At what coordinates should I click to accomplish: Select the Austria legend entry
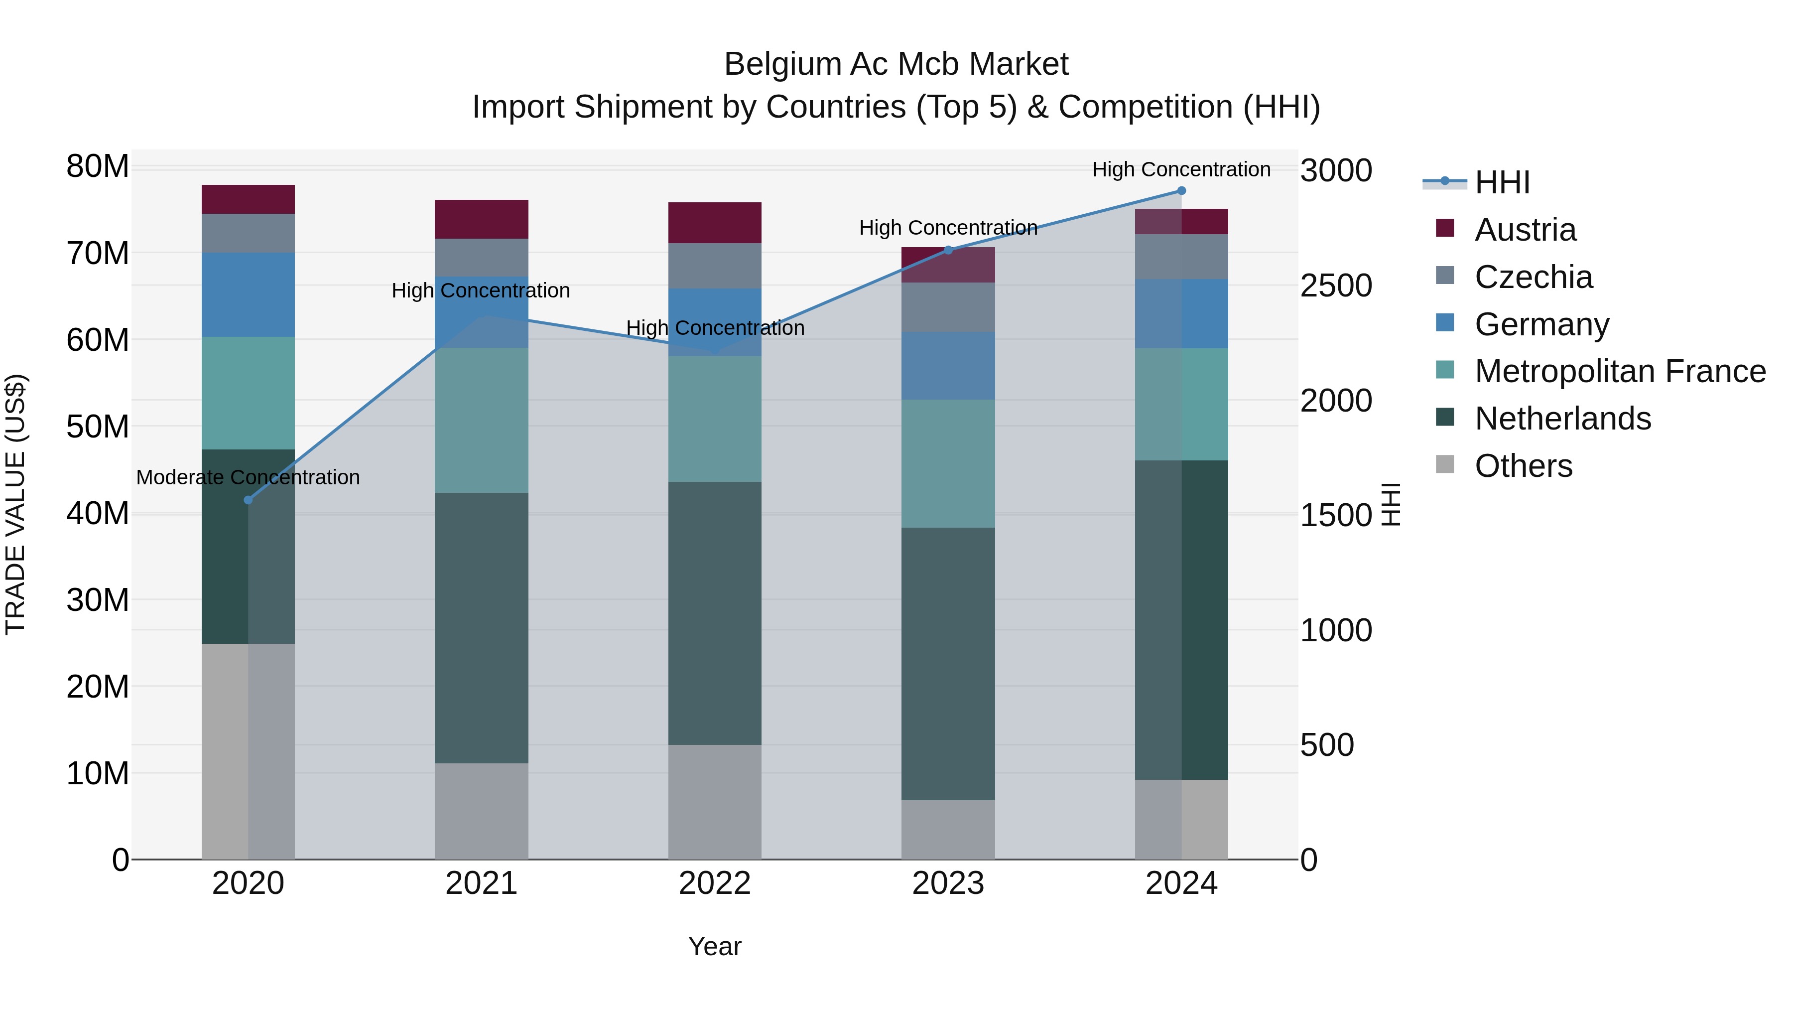1525,230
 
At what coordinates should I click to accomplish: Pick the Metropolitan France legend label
1620,371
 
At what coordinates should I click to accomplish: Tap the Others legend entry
1523,466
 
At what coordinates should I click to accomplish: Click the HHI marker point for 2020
248,500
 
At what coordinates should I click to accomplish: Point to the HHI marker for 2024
1181,191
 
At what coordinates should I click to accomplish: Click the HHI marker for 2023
948,250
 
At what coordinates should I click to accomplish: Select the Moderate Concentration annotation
248,478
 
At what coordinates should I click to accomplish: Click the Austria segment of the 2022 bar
714,223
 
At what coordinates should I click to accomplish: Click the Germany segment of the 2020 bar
248,294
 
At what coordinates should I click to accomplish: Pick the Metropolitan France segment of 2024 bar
1181,404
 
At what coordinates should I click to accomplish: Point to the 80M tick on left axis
98,167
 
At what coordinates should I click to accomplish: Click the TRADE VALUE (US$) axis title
15,504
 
